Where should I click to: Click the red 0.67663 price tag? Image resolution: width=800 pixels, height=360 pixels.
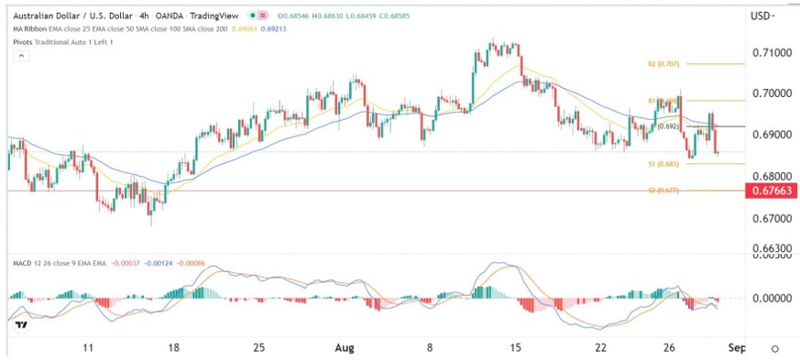pos(769,191)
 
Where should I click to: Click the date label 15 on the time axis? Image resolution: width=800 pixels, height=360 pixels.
pos(516,348)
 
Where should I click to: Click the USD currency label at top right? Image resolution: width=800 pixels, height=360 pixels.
pos(762,16)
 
